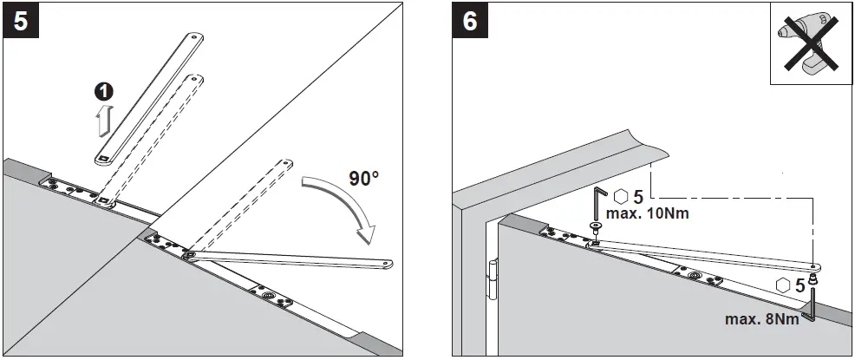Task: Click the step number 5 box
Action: [x=21, y=21]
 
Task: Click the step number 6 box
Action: [x=469, y=21]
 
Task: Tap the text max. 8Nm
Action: [x=761, y=318]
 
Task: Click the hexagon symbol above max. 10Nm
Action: [x=622, y=195]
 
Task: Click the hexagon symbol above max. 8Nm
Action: [x=784, y=285]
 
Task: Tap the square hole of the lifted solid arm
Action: [x=103, y=158]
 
